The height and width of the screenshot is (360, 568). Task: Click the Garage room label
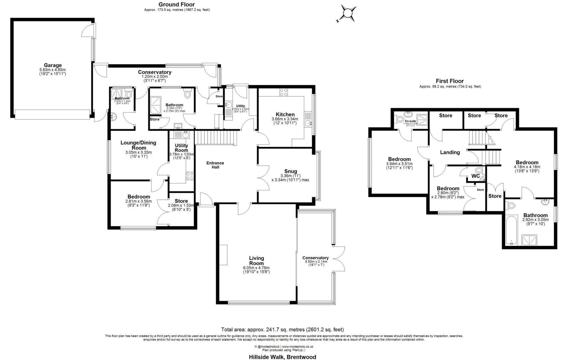(x=53, y=65)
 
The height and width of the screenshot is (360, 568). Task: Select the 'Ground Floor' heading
(x=177, y=4)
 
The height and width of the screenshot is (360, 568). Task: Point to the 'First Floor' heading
(x=450, y=81)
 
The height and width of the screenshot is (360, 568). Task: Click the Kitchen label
(x=285, y=114)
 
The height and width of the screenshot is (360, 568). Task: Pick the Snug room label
(x=290, y=171)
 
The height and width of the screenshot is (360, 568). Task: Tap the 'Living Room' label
(x=256, y=261)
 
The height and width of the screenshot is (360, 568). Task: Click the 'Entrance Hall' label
(x=215, y=165)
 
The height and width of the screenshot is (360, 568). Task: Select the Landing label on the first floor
(x=450, y=152)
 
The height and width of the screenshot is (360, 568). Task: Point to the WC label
(x=475, y=176)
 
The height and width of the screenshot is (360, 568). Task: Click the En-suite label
(x=410, y=121)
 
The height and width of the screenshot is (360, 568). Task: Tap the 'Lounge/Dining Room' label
(x=138, y=145)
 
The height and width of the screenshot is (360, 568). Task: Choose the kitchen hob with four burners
(x=283, y=92)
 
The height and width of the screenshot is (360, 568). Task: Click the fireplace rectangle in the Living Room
(x=223, y=255)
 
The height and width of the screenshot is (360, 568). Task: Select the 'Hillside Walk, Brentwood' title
(x=282, y=357)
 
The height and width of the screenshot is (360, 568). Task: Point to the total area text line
(x=282, y=329)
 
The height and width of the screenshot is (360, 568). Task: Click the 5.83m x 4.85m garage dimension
(x=53, y=70)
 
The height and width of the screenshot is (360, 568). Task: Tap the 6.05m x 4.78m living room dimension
(x=256, y=268)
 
